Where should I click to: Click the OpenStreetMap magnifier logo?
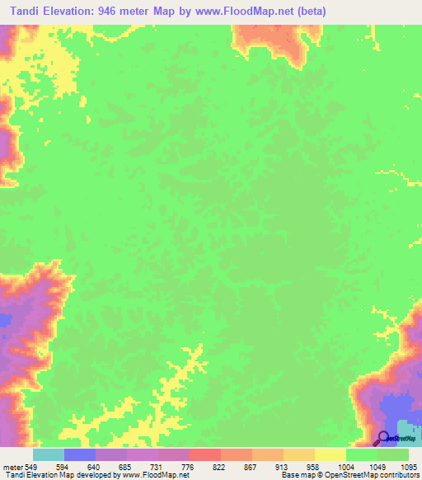(383, 438)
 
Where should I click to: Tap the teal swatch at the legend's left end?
(49, 454)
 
